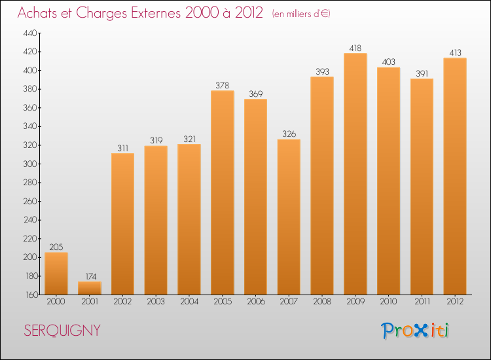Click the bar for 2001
click(x=89, y=288)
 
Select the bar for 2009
click(x=355, y=173)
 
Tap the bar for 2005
click(x=222, y=192)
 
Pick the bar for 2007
click(x=289, y=217)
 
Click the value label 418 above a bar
click(x=355, y=48)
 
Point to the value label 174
click(x=89, y=276)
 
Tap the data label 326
click(x=289, y=134)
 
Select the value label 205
click(x=56, y=247)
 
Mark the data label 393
click(x=321, y=71)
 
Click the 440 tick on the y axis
click(x=31, y=33)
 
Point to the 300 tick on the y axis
click(x=31, y=164)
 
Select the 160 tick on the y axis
click(x=31, y=295)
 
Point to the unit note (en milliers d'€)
click(x=301, y=14)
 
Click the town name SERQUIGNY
click(x=62, y=331)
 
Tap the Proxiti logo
click(x=416, y=331)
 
